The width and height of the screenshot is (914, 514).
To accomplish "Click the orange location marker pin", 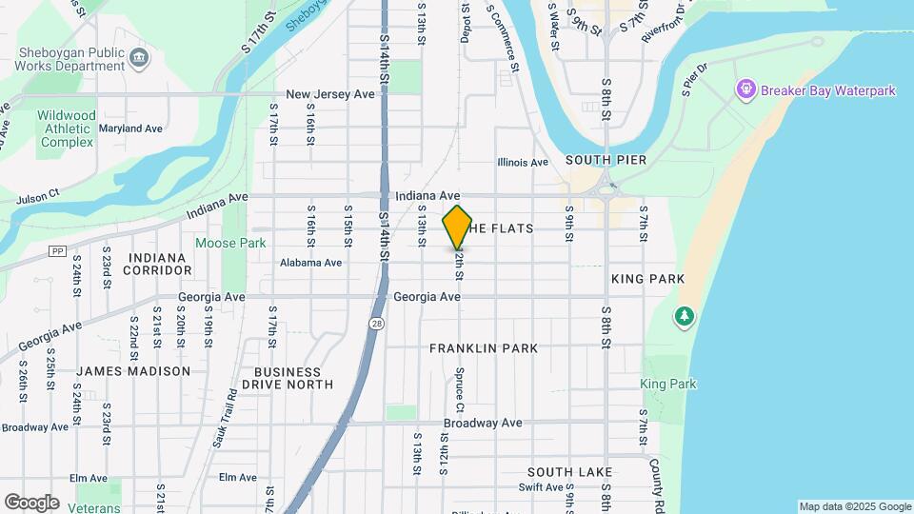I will point(457,228).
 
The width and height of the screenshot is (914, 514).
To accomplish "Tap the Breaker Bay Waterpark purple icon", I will point(745,90).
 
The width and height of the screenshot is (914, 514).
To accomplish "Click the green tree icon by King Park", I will point(683,316).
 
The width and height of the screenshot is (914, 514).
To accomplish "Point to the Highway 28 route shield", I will point(377,324).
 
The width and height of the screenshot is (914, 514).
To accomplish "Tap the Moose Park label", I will point(230,243).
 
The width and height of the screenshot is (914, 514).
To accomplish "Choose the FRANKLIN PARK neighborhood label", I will point(484,348).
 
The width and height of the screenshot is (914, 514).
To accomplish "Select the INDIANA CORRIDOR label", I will point(157,264).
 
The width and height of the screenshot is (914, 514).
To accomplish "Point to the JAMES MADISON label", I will point(133,371).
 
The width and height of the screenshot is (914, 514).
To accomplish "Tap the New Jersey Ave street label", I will point(330,95).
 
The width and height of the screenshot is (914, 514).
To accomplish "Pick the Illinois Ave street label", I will point(523,163).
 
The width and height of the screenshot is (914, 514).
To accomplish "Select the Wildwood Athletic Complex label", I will point(67,128).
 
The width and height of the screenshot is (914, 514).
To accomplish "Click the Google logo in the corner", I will point(31,503).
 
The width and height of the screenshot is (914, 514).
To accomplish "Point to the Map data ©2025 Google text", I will point(854,506).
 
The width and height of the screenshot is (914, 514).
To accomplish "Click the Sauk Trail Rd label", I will point(231,417).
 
